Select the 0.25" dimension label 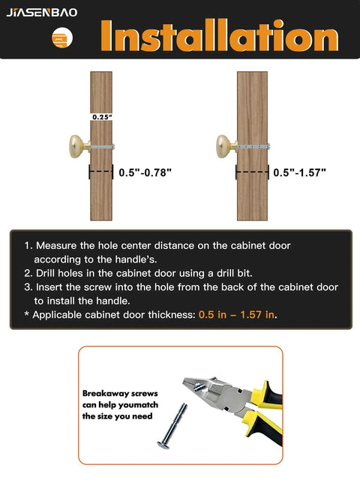tap(100, 117)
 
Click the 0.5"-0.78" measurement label tap(145, 172)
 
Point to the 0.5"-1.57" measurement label tap(299, 172)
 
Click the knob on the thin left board tap(76, 144)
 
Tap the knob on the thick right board tap(223, 144)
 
